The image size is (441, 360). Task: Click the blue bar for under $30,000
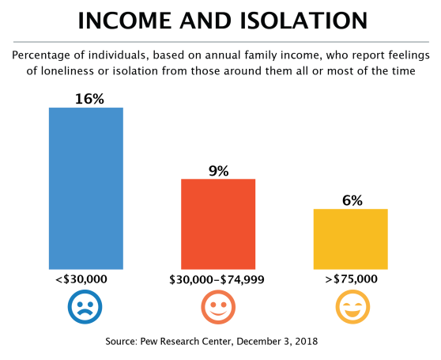[x=86, y=188]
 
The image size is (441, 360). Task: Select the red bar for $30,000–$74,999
[x=218, y=224]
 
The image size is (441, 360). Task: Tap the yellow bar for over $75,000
[x=351, y=239]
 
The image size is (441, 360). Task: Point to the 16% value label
[x=89, y=99]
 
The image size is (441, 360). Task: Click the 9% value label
[x=219, y=171]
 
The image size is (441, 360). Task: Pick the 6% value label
[x=352, y=201]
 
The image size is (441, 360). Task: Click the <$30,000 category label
[x=81, y=279]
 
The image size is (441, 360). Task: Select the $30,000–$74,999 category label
[x=217, y=280]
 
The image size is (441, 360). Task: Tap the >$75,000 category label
[x=351, y=279]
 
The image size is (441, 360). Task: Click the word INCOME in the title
[x=125, y=21]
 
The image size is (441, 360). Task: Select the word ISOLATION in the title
[x=303, y=21]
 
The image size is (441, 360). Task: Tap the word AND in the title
[x=205, y=21]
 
